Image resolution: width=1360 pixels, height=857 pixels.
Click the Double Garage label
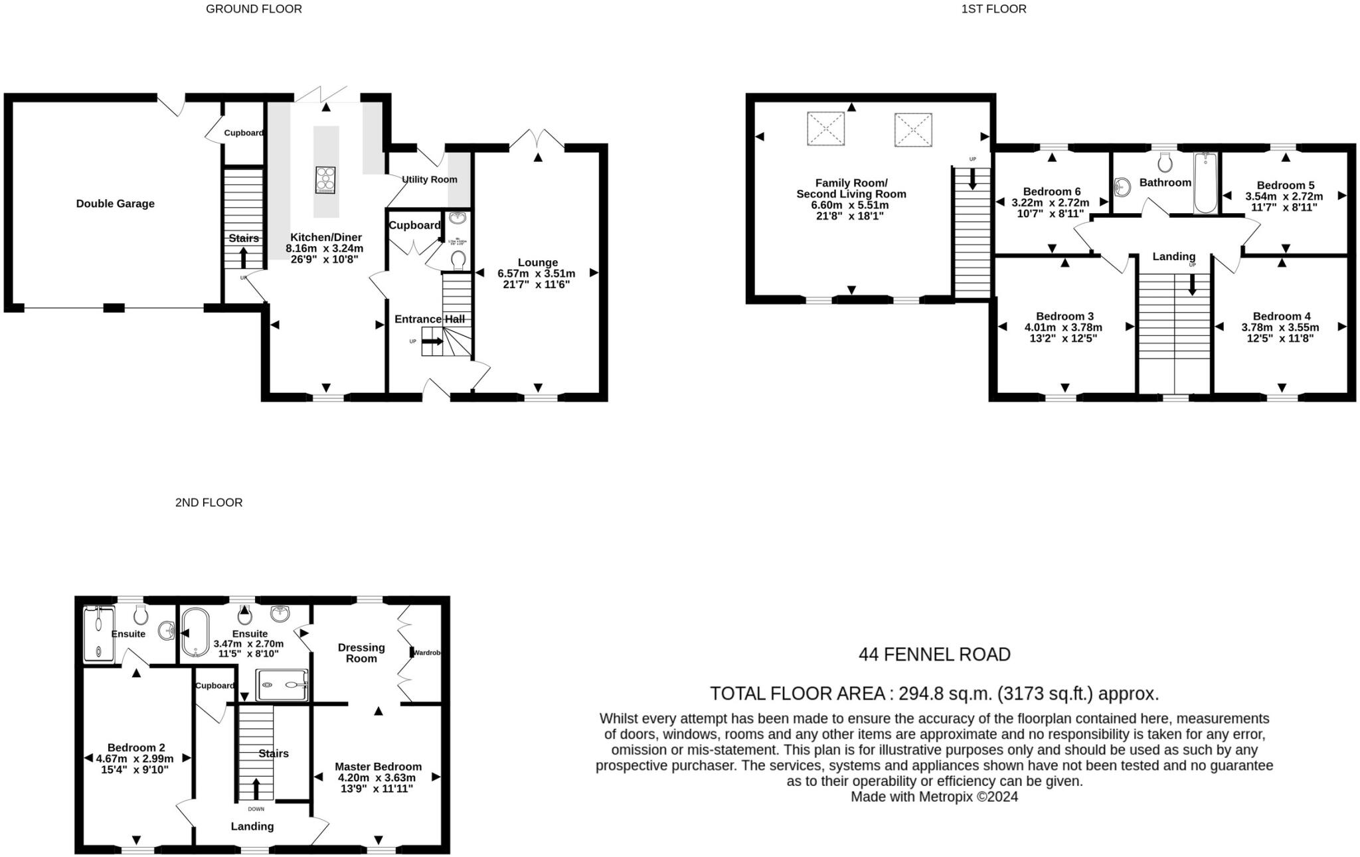(115, 204)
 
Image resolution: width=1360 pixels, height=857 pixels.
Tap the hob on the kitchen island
(325, 180)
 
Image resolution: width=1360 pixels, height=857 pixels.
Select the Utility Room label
(430, 179)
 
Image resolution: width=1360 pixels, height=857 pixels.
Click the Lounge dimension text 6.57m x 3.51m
(537, 273)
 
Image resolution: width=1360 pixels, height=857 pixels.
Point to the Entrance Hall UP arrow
(433, 341)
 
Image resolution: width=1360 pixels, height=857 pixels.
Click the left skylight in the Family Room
(825, 129)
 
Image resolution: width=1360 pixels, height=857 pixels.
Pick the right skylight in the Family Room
(913, 130)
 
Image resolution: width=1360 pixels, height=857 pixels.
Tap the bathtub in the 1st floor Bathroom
(1205, 183)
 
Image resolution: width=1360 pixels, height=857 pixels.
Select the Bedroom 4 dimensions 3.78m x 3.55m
(1280, 327)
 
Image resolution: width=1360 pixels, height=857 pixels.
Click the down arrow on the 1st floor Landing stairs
(1192, 285)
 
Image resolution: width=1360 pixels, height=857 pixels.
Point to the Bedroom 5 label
(1285, 185)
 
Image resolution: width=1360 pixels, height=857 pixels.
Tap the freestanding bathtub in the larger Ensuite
(195, 633)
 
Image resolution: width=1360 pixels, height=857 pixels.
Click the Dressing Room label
(361, 653)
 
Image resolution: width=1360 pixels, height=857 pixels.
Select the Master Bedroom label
(378, 766)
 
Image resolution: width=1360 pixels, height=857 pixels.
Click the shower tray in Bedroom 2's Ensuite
(99, 633)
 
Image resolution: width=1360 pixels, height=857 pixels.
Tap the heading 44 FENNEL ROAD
(934, 655)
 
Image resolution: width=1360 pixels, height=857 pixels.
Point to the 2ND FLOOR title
(209, 503)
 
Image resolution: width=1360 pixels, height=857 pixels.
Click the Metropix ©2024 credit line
(934, 797)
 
